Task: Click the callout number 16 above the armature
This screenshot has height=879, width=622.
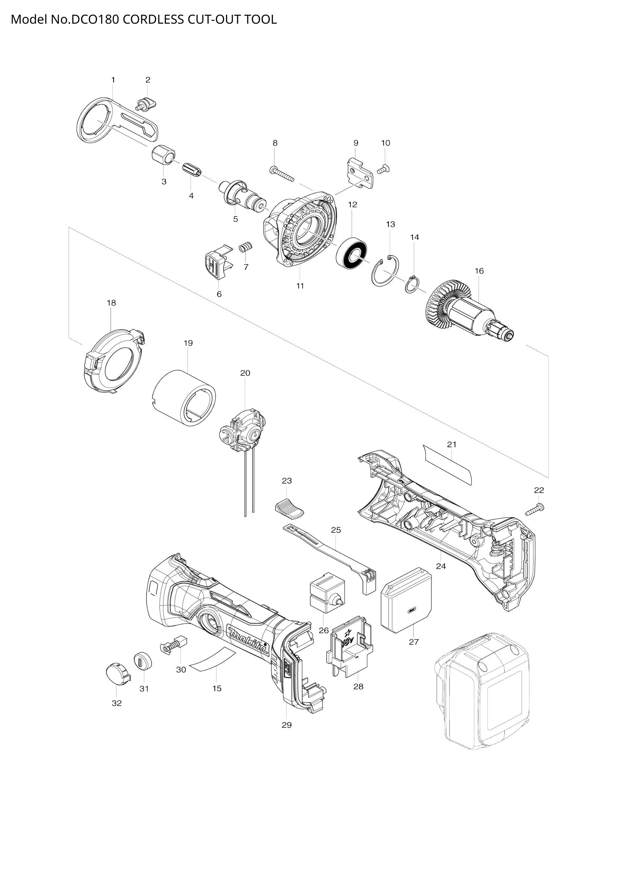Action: pyautogui.click(x=479, y=271)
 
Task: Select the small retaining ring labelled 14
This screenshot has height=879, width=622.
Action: pyautogui.click(x=413, y=284)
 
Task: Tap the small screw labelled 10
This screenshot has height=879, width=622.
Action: pyautogui.click(x=383, y=169)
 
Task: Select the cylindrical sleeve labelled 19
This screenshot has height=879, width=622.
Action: pyautogui.click(x=184, y=397)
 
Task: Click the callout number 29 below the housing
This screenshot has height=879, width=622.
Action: pyautogui.click(x=287, y=725)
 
